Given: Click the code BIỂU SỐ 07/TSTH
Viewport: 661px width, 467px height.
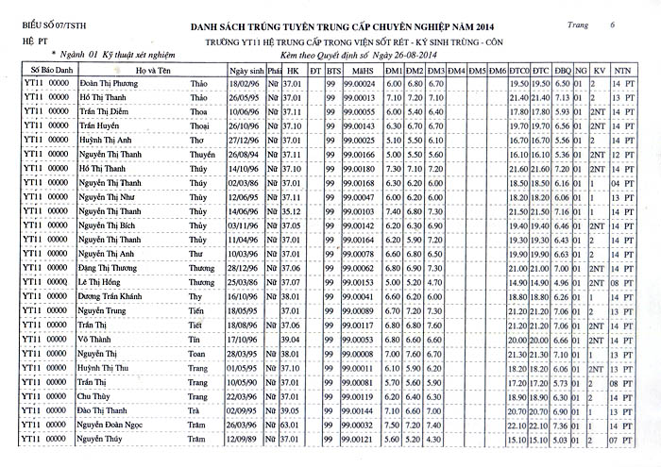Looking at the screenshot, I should coord(48,27).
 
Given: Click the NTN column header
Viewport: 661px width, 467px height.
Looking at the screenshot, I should coord(621,71).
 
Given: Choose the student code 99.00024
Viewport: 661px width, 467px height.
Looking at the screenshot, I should coord(359,84).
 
